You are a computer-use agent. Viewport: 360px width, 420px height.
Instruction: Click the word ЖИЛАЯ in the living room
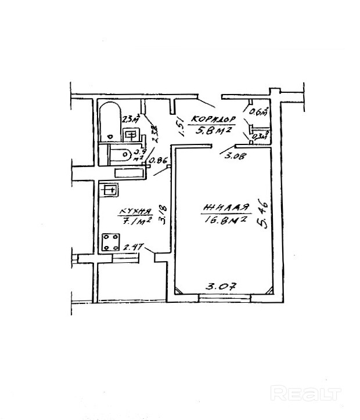click(x=226, y=207)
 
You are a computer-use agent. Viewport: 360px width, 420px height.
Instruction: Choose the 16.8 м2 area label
click(x=226, y=219)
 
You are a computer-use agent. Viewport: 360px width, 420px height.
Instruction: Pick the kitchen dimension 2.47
click(x=134, y=247)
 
